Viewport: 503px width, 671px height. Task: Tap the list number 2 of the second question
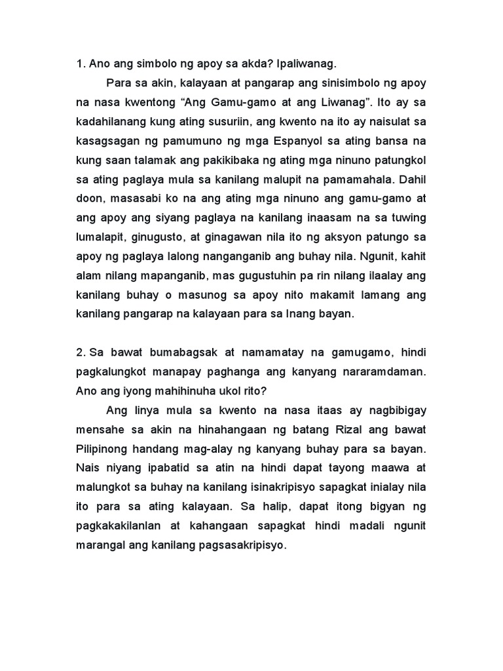tap(80, 353)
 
